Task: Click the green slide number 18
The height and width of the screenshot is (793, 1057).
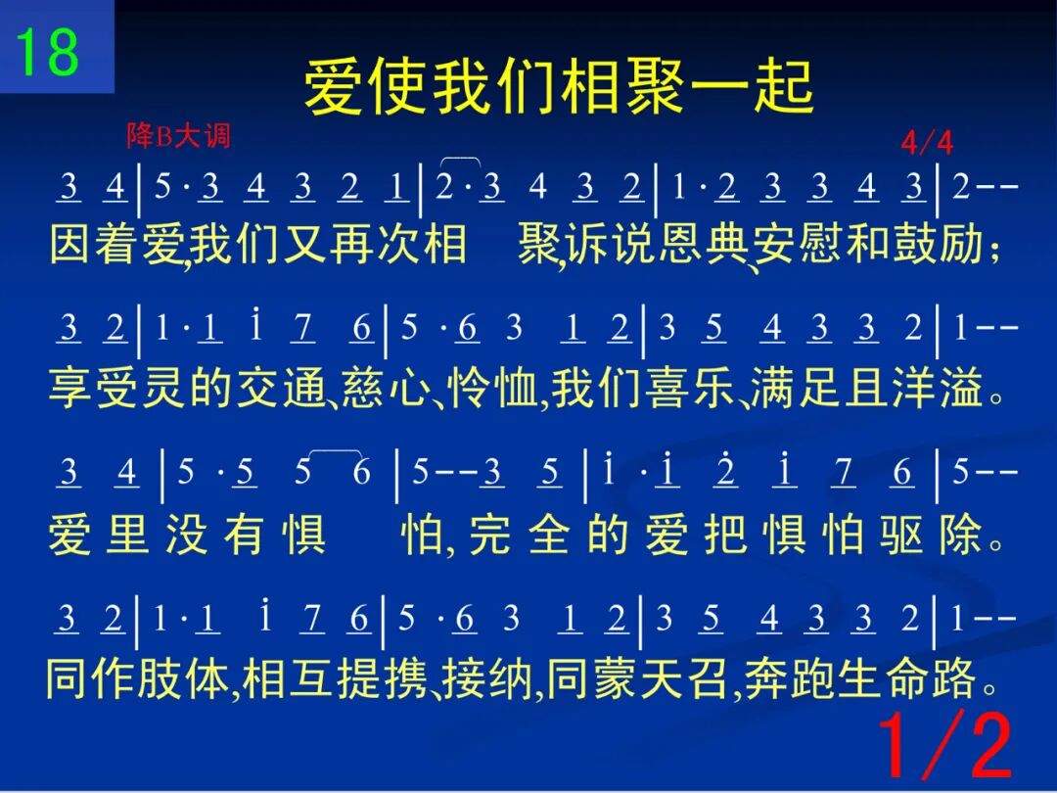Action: point(47,52)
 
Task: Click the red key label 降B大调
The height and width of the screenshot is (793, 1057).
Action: point(179,136)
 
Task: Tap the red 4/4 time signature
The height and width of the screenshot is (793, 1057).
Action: point(927,143)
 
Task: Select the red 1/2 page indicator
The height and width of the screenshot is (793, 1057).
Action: point(945,745)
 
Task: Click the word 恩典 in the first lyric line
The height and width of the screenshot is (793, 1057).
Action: point(705,244)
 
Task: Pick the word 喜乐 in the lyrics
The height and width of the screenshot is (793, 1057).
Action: point(690,389)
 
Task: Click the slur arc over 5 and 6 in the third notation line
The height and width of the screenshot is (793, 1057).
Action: point(335,450)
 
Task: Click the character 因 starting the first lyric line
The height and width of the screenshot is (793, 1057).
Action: point(70,244)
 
